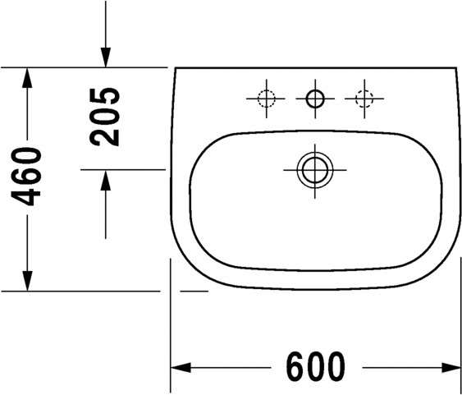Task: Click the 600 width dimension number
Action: [x=315, y=366]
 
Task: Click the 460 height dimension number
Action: [x=26, y=177]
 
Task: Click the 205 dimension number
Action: [x=104, y=117]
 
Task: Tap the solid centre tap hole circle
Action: [x=315, y=99]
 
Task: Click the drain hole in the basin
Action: [x=315, y=170]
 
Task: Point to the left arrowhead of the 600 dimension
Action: [x=181, y=368]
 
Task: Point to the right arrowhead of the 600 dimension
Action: [x=451, y=368]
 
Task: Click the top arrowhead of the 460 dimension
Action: [x=27, y=78]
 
